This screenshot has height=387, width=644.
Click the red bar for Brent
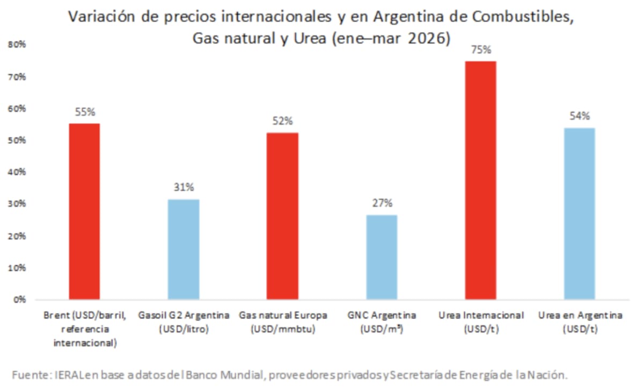84,211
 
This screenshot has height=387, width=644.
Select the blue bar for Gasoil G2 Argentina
184,249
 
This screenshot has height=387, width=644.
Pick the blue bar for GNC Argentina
382,257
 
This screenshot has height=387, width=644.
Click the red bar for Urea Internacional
481,180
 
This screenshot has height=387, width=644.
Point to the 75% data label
481,50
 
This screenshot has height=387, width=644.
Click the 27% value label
382,204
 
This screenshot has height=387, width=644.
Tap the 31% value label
184,188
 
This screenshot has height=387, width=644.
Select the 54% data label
580,116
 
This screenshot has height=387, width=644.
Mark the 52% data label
283,121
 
